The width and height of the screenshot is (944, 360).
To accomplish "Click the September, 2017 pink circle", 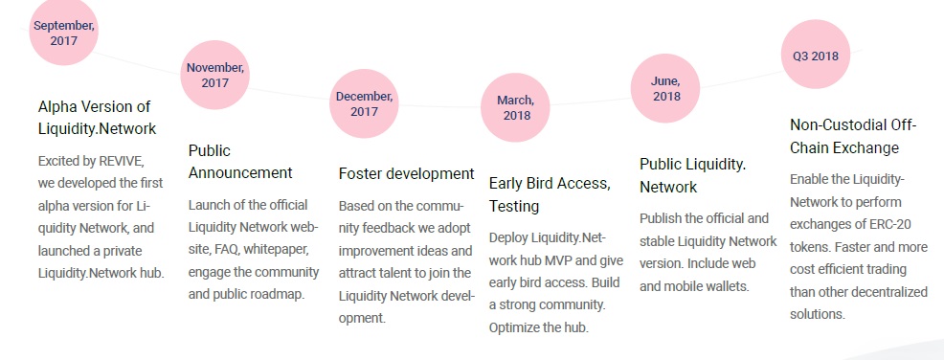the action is (x=63, y=32).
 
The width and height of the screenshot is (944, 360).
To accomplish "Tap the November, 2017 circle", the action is (x=214, y=76).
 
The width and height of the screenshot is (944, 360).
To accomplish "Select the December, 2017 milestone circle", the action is (x=364, y=103).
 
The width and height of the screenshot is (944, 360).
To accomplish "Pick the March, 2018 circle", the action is (x=515, y=108).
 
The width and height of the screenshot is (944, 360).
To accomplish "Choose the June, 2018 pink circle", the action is (x=665, y=88).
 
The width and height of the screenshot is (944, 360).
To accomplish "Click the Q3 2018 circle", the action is (x=815, y=55).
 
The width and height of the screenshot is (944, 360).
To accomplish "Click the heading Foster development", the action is (x=406, y=174).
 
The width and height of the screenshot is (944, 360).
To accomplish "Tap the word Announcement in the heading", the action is (x=240, y=173).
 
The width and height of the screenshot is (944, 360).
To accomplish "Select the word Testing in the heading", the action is (x=513, y=207).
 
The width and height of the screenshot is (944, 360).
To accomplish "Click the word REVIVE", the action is (x=122, y=162).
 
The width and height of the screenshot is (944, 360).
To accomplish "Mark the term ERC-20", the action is (x=890, y=225).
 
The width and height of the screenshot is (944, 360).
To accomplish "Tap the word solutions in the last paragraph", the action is (x=818, y=314).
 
